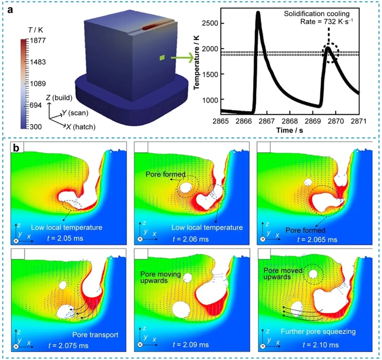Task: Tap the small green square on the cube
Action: coord(162,58)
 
